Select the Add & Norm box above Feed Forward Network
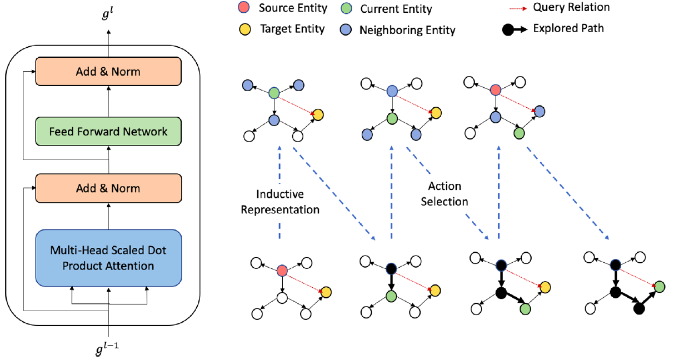108,71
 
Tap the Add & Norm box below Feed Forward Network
108,188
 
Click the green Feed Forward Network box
108,132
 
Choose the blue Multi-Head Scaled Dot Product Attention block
108,258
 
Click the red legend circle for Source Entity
242,9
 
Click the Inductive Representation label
280,202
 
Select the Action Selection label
445,193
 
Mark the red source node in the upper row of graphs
496,91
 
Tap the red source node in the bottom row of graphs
282,271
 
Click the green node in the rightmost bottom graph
659,287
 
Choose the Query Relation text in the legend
571,8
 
